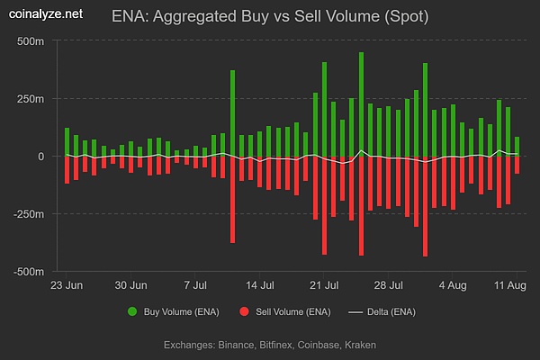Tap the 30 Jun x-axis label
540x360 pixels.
point(131,286)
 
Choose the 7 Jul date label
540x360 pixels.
point(197,286)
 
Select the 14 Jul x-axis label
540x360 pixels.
point(259,286)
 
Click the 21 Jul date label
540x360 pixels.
point(323,286)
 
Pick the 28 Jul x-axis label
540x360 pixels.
point(388,286)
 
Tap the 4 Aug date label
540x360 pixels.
point(453,286)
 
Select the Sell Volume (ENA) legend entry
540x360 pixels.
point(286,312)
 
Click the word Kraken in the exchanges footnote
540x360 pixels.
point(359,345)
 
